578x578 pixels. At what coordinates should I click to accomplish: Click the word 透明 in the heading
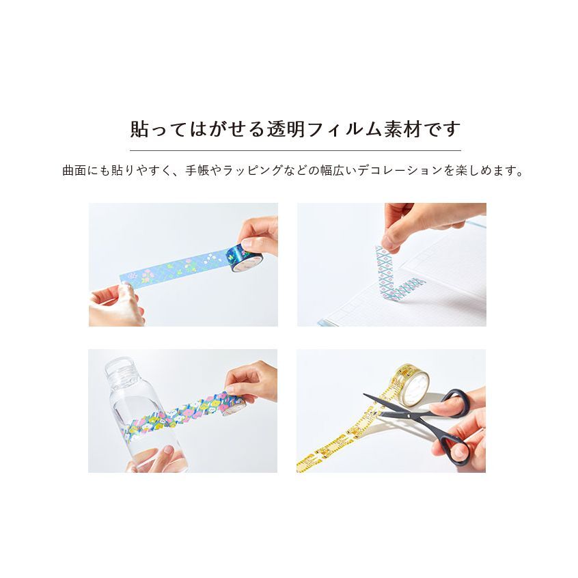[286, 129]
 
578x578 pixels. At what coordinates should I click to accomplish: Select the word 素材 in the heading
[402, 129]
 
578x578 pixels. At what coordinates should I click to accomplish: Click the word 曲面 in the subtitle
[74, 170]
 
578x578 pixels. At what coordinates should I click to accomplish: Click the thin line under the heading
[295, 150]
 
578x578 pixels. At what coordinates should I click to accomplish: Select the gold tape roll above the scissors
[411, 384]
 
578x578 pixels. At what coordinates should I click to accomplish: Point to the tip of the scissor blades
[364, 394]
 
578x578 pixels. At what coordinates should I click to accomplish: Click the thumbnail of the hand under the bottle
[168, 450]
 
